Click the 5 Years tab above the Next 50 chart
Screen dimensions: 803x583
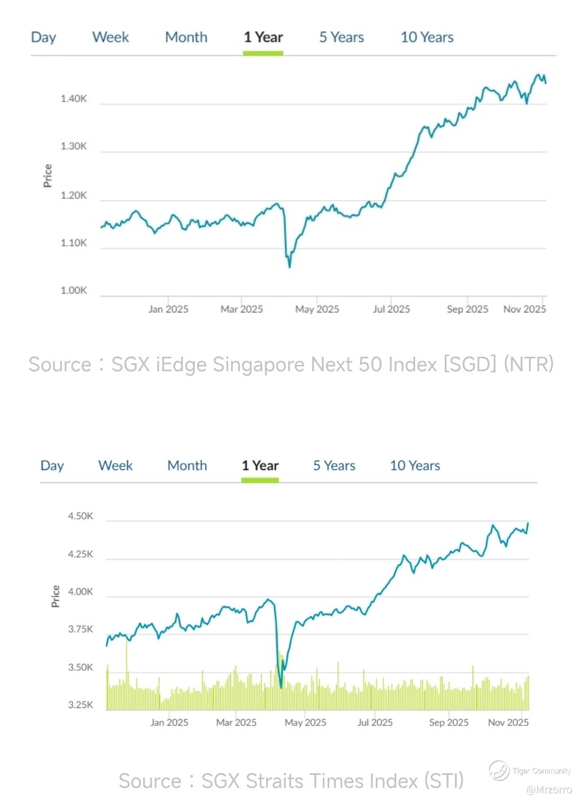coord(341,37)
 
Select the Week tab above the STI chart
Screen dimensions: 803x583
coord(116,465)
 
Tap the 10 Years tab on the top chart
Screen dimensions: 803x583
coord(426,37)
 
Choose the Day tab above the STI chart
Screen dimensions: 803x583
coord(52,465)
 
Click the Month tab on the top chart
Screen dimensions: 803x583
coord(186,37)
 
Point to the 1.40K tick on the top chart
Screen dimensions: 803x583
coord(73,99)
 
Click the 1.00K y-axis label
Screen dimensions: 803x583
coord(73,290)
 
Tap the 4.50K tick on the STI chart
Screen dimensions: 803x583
coord(80,516)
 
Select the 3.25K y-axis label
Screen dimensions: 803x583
coord(80,705)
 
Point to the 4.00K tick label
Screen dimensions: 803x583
coord(80,591)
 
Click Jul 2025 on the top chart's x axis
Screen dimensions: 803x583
coord(391,309)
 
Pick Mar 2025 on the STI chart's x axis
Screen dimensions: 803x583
coord(236,723)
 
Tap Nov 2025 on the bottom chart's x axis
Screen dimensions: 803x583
coord(508,723)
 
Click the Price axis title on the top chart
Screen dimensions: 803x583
coord(48,176)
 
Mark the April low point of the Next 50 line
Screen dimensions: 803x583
coord(290,267)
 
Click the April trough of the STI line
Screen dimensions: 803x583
coord(281,687)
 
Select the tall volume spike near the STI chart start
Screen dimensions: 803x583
coord(127,642)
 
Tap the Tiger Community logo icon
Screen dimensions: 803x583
coord(499,771)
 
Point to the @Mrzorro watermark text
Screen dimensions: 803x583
coord(549,790)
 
